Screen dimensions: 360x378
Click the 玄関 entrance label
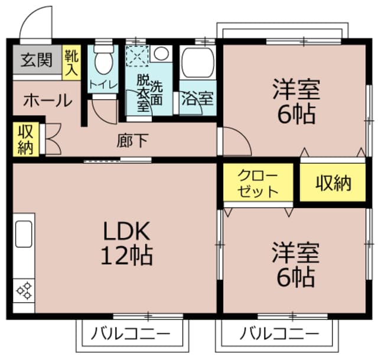tap(36, 60)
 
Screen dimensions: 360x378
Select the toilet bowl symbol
tap(104, 60)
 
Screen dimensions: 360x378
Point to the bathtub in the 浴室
tap(198, 63)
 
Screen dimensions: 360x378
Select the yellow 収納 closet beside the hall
tap(25, 140)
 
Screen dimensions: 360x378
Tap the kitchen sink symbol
tap(24, 233)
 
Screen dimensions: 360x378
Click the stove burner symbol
tap(24, 290)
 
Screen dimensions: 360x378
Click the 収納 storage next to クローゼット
tap(333, 183)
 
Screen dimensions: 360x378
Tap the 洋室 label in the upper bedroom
tap(295, 90)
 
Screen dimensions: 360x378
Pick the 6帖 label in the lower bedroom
tap(295, 275)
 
